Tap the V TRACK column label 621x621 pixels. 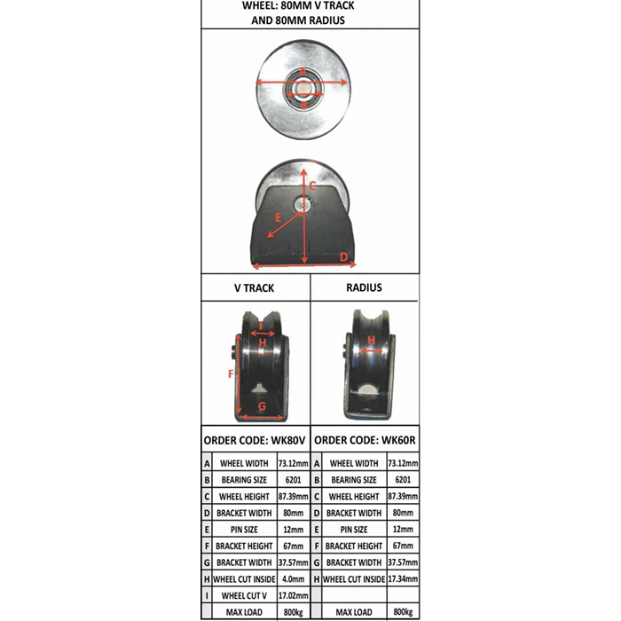[x=254, y=287]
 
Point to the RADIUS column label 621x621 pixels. [x=364, y=287]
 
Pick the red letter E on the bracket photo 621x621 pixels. [x=277, y=216]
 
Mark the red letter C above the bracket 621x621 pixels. [x=312, y=185]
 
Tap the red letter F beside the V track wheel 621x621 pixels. [x=231, y=374]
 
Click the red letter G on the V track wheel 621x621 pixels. [x=262, y=406]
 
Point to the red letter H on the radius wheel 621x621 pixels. [x=371, y=339]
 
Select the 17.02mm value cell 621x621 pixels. [x=292, y=595]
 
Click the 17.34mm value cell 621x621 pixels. [x=403, y=578]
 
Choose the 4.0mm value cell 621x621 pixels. [x=292, y=578]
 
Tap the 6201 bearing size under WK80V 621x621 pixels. [x=292, y=480]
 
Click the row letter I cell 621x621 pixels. [x=207, y=595]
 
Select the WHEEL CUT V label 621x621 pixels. [x=243, y=595]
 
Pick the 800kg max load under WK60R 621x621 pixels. [x=403, y=612]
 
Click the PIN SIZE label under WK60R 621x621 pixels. [x=353, y=530]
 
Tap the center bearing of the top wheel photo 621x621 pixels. [x=303, y=89]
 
